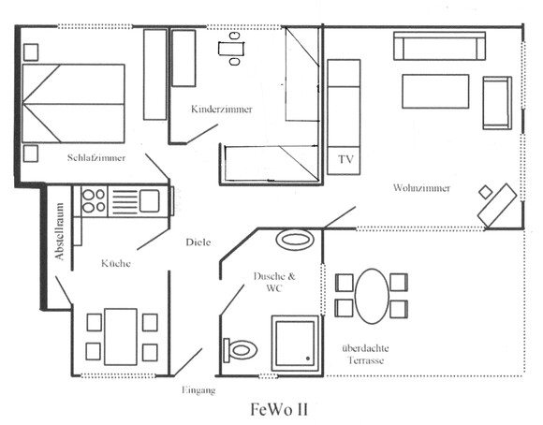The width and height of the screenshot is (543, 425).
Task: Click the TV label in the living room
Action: point(345,159)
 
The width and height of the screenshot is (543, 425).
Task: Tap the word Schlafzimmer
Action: point(96,158)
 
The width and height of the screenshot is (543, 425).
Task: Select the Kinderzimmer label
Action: point(222,110)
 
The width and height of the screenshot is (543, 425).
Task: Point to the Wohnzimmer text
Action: point(422,188)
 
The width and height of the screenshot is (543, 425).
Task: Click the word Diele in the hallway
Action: point(198,242)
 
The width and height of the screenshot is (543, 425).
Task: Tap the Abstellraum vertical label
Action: point(60,231)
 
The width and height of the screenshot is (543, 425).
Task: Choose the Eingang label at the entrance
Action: point(198,390)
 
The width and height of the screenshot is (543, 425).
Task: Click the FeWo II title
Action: point(279,409)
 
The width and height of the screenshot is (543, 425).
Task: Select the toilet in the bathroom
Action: point(240,350)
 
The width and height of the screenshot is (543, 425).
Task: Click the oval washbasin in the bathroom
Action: point(295,240)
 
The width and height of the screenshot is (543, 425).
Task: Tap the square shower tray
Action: point(295,343)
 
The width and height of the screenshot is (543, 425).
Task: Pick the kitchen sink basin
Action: point(149,201)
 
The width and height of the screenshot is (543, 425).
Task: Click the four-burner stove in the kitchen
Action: point(95,201)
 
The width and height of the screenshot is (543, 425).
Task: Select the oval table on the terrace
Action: point(372,296)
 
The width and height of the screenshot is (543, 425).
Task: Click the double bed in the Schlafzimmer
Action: point(73,103)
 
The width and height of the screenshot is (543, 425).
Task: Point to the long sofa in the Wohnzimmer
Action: point(439,46)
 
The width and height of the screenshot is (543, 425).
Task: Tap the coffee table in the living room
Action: point(435,91)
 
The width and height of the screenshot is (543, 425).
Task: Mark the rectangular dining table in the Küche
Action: point(121,337)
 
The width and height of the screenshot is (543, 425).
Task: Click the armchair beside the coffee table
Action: point(497,103)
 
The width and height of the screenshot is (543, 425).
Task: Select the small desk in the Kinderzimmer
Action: point(231,49)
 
